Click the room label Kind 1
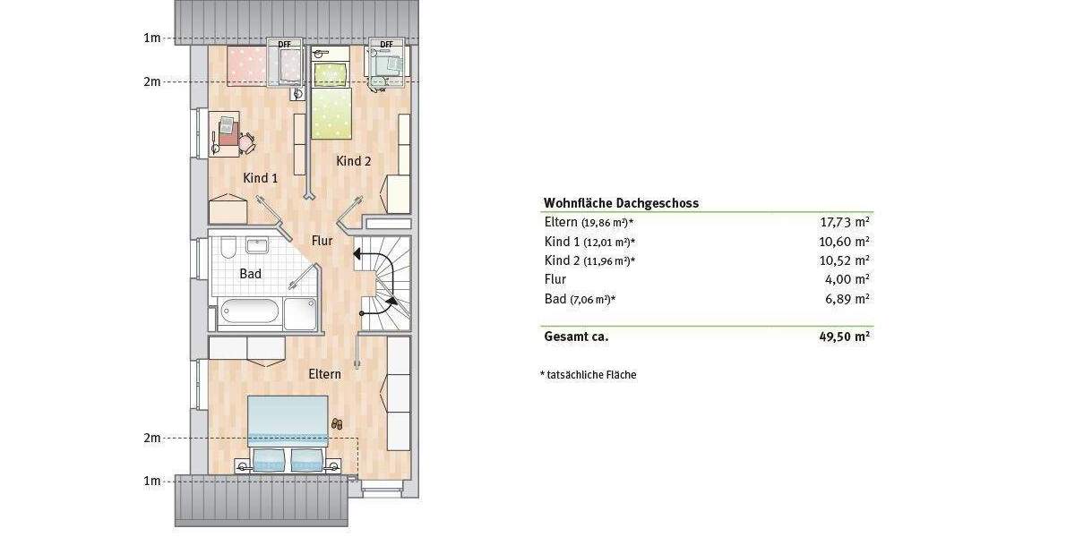pos(261,178)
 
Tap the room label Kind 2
pos(354,161)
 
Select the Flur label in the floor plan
pos(322,241)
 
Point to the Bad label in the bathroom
pos(250,273)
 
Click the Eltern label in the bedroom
pos(324,374)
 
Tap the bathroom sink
pos(259,246)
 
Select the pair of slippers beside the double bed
pos(337,423)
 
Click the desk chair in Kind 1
pos(245,141)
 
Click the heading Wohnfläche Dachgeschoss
pos(621,203)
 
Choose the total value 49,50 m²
pos(847,337)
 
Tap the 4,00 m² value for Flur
pos(851,279)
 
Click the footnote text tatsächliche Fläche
pos(590,375)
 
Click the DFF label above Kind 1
pos(284,43)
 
